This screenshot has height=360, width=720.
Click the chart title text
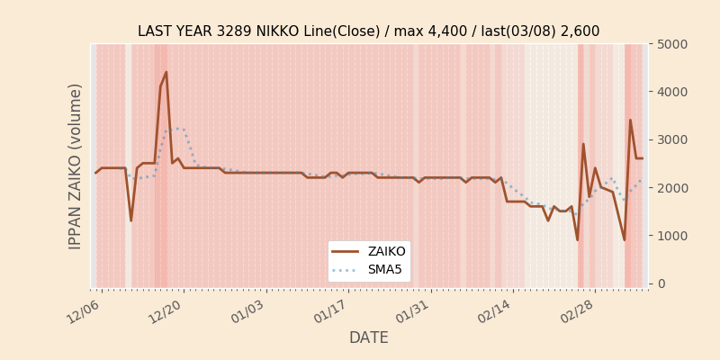tap(368, 31)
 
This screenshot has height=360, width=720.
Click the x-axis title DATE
tap(368, 337)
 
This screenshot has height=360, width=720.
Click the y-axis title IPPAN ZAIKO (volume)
tap(76, 166)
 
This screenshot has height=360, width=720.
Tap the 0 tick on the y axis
tap(661, 283)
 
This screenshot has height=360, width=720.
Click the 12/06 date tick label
tap(84, 310)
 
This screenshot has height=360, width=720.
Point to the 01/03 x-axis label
tap(248, 310)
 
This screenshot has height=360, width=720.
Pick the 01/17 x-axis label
tap(330, 310)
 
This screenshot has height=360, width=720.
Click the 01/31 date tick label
tap(413, 310)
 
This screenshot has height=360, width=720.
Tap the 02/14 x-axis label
tap(495, 310)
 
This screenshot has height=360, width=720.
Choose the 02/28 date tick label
tap(577, 310)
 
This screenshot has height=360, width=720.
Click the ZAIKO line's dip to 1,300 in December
tap(130, 220)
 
